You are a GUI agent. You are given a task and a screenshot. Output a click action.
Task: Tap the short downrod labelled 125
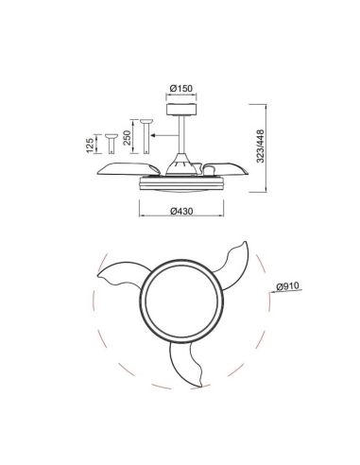pyautogui.click(x=111, y=143)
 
